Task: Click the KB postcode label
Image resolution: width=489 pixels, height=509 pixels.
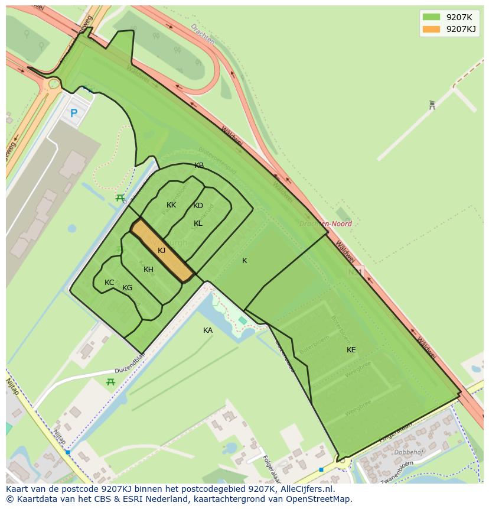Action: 199,166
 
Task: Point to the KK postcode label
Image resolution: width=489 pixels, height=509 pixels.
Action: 171,205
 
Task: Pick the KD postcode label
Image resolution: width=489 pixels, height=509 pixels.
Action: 198,206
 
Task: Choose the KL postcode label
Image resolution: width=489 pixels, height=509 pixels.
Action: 198,223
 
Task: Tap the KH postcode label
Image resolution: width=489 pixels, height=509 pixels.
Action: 148,270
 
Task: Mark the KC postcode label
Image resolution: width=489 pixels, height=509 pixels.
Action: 109,283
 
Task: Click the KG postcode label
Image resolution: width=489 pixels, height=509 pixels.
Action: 127,288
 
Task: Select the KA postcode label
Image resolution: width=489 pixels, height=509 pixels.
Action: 208,330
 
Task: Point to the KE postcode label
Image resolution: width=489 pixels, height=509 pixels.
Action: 351,350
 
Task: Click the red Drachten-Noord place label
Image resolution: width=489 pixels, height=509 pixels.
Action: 325,224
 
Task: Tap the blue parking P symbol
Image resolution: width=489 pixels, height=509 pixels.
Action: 74,113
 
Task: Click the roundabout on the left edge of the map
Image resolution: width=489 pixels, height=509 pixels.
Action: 53,83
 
